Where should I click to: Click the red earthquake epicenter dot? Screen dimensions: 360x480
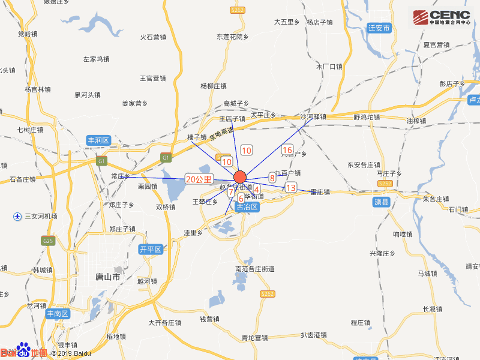click(240, 177)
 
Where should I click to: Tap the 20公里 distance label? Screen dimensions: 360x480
click(199, 179)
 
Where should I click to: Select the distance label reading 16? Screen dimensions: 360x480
click(287, 150)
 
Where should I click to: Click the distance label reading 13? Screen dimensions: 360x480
click(291, 188)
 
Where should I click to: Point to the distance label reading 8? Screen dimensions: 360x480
click(272, 177)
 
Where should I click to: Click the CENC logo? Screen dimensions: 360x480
click(442, 17)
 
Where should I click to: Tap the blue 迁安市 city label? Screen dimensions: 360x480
click(379, 28)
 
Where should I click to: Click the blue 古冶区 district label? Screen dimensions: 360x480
click(247, 207)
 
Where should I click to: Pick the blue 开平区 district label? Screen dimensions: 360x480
click(151, 249)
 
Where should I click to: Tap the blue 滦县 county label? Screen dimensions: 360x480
click(382, 202)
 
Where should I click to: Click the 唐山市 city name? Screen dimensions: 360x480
click(108, 277)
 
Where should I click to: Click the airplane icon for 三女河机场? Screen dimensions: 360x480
click(17, 216)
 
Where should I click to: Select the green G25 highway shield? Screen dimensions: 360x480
click(48, 241)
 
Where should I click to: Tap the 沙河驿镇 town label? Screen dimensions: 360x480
click(313, 117)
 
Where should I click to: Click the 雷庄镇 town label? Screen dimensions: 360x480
click(320, 192)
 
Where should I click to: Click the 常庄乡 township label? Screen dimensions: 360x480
click(120, 176)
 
